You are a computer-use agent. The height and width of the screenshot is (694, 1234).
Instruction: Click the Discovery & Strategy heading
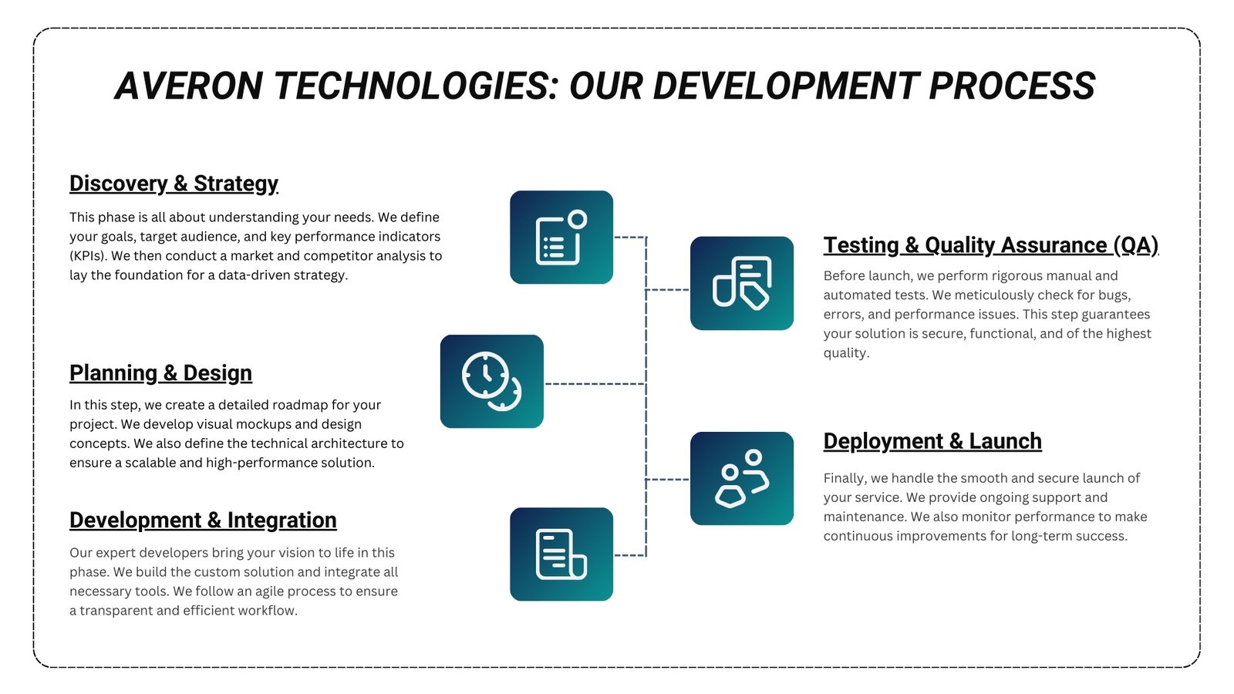tap(174, 184)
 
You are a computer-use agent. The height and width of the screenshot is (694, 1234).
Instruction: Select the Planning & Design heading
tap(161, 373)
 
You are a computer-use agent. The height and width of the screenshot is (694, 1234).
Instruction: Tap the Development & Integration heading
tap(203, 520)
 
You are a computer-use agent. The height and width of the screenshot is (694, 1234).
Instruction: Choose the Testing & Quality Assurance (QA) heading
tap(991, 246)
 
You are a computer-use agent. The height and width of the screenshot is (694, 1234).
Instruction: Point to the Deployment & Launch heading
tap(932, 441)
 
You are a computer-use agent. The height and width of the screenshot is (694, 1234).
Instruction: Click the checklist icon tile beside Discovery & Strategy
tap(561, 238)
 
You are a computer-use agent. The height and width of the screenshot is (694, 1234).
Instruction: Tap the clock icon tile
tap(492, 381)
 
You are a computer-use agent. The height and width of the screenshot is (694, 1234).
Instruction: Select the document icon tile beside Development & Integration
tap(561, 554)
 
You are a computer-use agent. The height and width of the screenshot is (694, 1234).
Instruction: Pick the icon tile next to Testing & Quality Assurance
tap(741, 283)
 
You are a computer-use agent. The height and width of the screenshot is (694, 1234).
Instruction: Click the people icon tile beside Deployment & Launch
tap(741, 478)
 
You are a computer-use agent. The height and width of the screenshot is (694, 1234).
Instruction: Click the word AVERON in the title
tap(188, 86)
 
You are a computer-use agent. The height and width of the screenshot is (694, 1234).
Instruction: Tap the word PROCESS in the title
tap(1012, 86)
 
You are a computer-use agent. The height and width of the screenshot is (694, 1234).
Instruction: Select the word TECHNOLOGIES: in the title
tap(416, 86)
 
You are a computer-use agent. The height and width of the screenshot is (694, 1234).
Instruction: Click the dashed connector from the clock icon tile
tap(595, 384)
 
